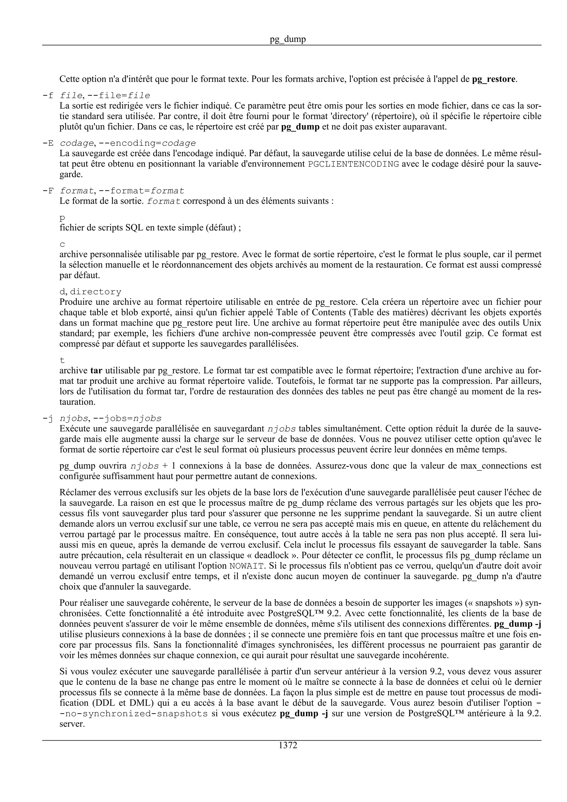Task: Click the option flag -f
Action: tap(48, 96)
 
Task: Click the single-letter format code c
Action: tap(62, 245)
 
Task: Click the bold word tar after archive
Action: tap(96, 371)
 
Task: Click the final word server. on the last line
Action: tap(72, 724)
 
